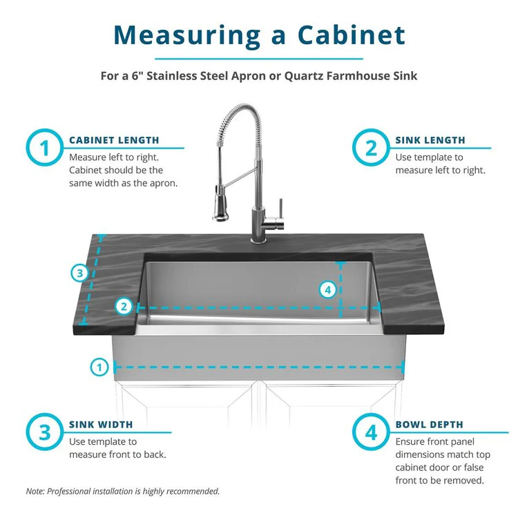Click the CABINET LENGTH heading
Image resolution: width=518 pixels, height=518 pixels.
(x=114, y=140)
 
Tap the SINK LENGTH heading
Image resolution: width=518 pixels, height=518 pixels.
(x=430, y=140)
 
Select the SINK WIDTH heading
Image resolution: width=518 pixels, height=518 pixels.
(x=101, y=425)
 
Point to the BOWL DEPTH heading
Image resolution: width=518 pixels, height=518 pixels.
(x=429, y=425)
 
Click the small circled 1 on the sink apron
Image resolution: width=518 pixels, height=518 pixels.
(x=101, y=367)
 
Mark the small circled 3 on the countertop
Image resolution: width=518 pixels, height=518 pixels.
(x=80, y=274)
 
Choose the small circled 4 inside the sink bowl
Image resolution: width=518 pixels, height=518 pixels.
(x=329, y=289)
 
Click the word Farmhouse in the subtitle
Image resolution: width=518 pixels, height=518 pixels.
(x=358, y=75)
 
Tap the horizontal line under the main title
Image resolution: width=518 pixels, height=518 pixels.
(x=259, y=59)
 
